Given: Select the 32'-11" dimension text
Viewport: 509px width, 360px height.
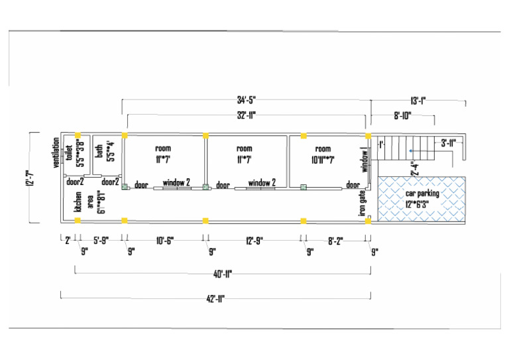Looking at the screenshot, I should pos(246,115).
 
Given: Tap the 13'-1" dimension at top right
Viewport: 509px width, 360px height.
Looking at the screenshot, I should pos(418,101).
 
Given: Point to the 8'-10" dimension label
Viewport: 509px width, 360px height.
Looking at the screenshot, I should pos(402,115).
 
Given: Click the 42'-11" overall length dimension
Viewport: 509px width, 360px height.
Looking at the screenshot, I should pos(215,299).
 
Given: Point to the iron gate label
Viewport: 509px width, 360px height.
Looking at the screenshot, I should pos(363,203).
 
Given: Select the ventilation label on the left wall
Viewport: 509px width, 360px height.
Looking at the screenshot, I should pos(56,154).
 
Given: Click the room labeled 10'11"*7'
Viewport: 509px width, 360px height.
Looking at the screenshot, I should pos(323,154).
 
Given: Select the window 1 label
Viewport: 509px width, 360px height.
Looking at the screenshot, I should pos(364,160).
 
